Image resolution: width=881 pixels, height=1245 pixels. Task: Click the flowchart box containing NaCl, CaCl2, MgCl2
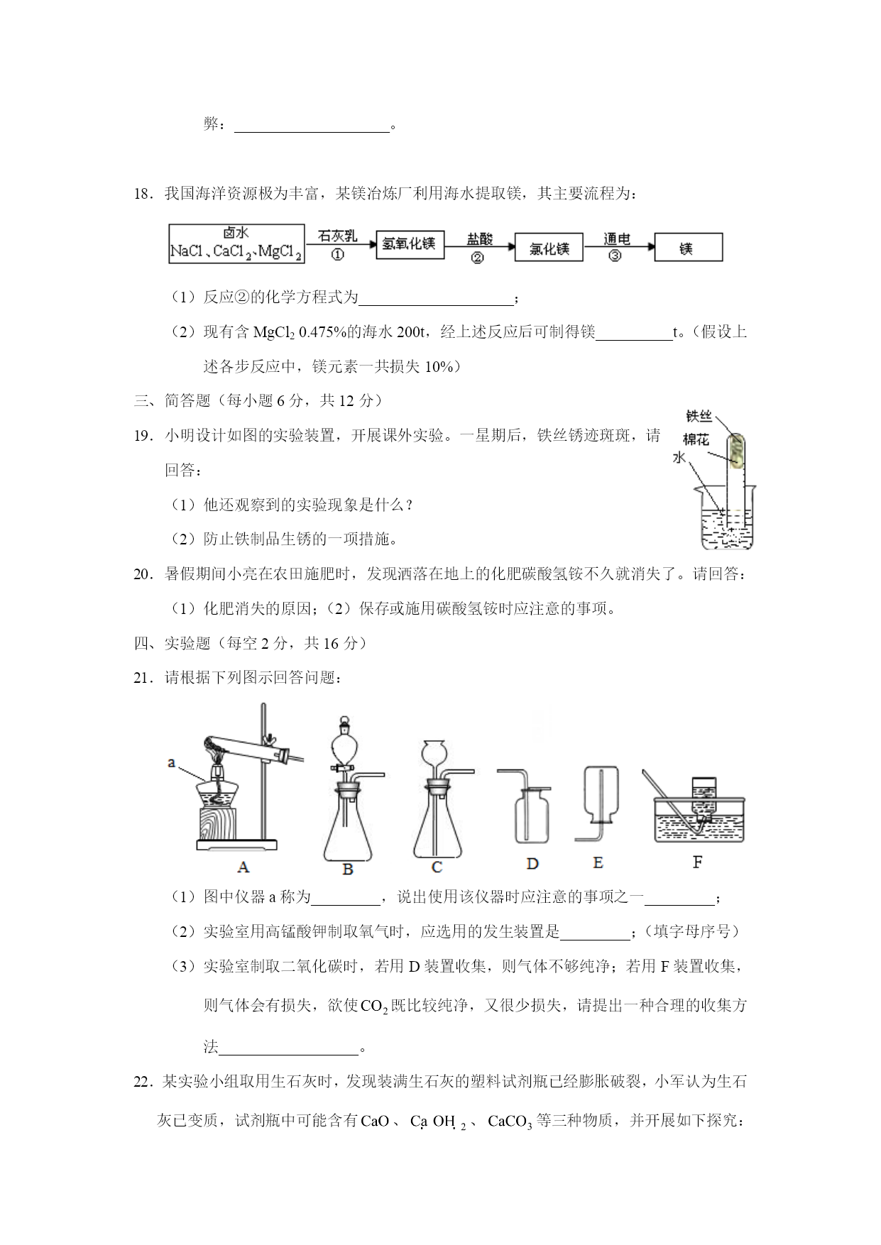coord(236,243)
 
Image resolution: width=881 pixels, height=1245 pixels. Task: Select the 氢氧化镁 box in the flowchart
coord(410,243)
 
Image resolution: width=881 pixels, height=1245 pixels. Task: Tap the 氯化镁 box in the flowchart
coord(549,248)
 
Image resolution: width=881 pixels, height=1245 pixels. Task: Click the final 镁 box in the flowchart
coord(688,248)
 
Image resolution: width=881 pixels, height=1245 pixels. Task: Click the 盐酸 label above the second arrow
coord(480,239)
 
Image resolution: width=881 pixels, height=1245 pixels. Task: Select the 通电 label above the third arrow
coord(616,239)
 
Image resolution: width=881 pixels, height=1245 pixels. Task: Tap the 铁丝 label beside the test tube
coord(699,416)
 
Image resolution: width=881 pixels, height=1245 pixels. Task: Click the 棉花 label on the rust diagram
coord(696,439)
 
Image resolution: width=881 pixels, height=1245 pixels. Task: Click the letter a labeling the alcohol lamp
coord(171,762)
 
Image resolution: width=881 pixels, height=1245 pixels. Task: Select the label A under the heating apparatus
coord(243,867)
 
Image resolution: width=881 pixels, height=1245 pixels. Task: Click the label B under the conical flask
coord(348,869)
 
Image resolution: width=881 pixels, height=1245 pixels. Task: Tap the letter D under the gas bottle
coord(532,864)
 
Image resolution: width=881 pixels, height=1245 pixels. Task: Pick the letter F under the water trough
coord(697,862)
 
